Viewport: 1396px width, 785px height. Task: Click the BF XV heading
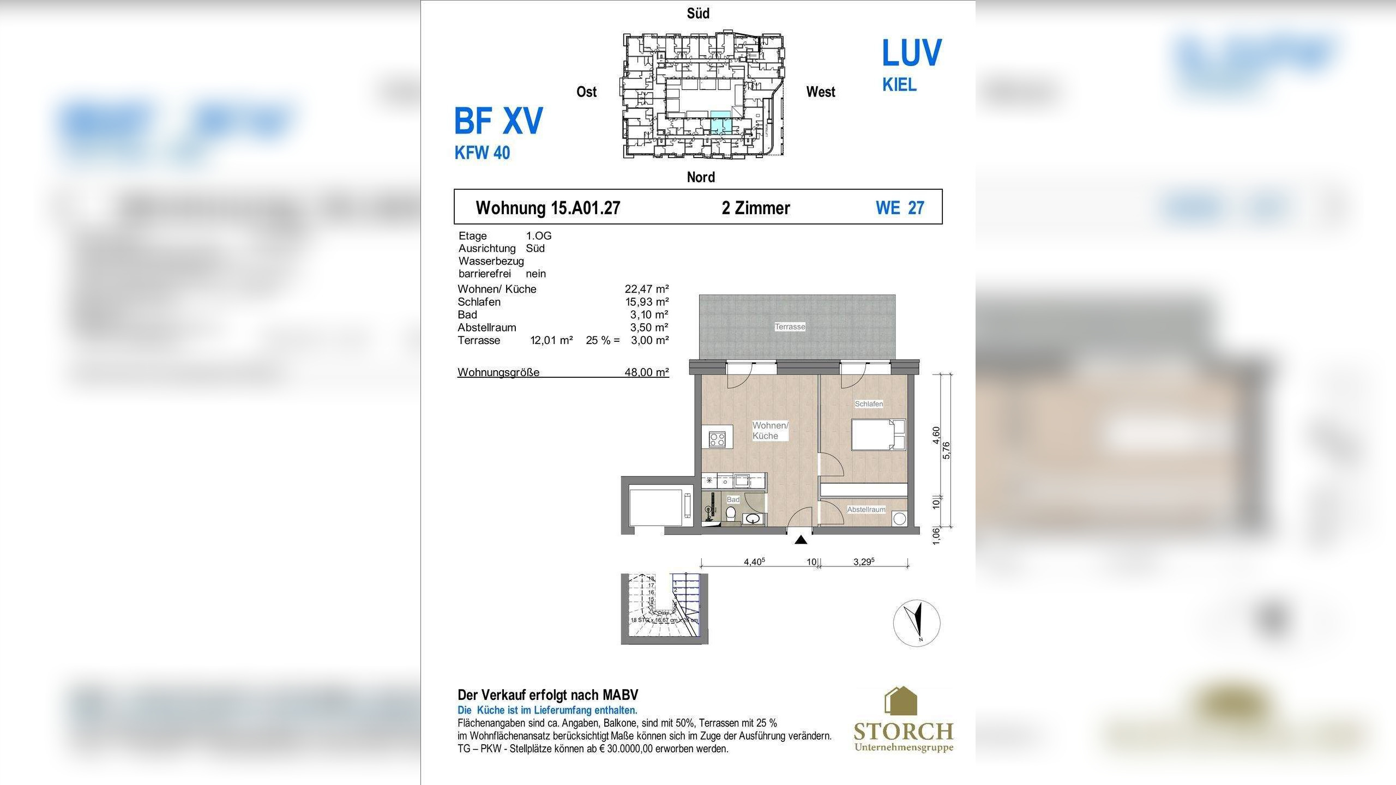(498, 121)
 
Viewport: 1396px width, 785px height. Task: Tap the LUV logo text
(911, 53)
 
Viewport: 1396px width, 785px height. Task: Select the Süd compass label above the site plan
(698, 14)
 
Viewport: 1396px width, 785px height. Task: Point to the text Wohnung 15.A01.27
(547, 208)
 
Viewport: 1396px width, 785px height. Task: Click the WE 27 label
(900, 208)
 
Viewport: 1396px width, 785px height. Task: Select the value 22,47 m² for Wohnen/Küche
(646, 289)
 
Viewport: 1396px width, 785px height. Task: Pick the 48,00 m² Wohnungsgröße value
(646, 372)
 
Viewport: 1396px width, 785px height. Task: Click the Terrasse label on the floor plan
(790, 327)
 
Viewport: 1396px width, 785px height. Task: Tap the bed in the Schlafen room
(878, 434)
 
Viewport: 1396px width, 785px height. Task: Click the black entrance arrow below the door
(801, 540)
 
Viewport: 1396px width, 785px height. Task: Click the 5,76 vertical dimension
(947, 450)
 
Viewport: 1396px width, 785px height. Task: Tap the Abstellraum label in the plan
(866, 509)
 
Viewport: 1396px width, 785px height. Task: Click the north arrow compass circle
(917, 623)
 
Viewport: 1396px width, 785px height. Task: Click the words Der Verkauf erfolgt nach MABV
(547, 695)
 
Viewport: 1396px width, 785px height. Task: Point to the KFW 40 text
(482, 153)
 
